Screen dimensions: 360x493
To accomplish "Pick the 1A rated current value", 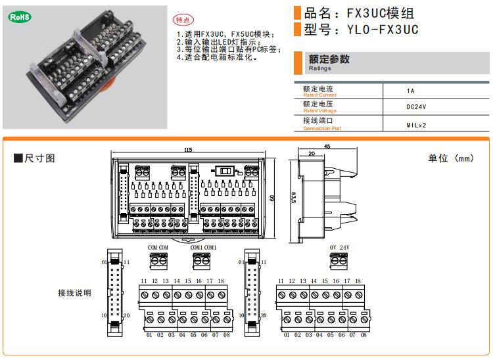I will (411, 91).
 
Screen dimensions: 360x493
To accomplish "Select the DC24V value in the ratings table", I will (415, 106).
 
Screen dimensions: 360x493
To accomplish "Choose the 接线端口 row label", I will (318, 122).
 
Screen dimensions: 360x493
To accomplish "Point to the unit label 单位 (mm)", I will (450, 158).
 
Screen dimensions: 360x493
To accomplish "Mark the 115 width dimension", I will (189, 150).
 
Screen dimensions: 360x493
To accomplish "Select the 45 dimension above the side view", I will (327, 146).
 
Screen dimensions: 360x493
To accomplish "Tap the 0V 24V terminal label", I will (339, 248).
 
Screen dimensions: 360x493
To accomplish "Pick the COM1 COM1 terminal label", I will (203, 248).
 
